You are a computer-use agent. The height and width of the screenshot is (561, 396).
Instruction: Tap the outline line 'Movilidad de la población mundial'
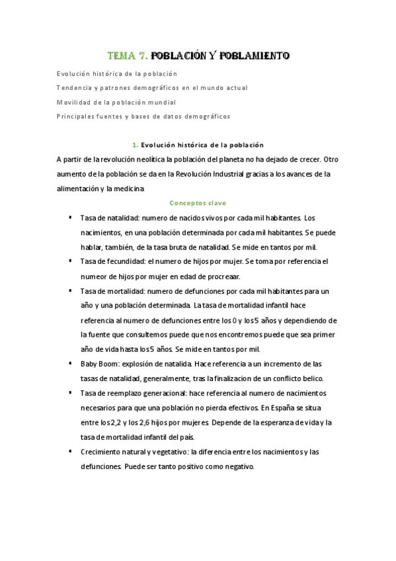116,102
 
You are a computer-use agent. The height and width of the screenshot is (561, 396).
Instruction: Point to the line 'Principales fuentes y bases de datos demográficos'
143,116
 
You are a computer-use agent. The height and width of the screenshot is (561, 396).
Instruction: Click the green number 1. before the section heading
135,145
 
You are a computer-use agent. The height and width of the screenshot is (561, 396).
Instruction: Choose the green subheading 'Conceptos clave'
198,203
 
